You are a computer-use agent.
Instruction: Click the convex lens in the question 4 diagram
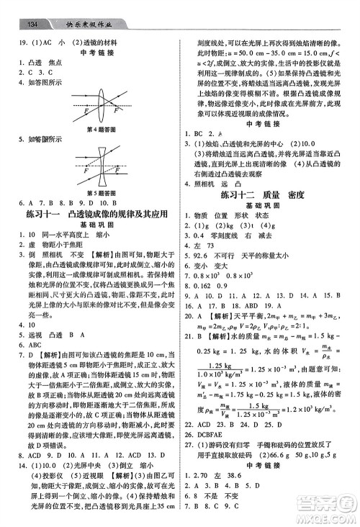[91, 104]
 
